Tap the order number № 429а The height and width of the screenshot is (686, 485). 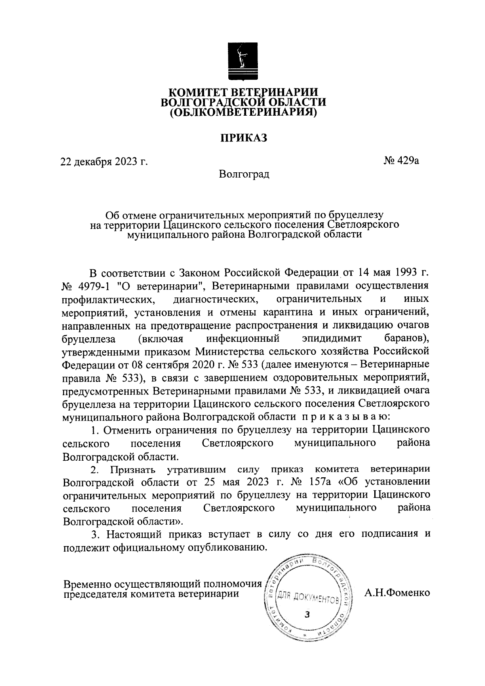pyautogui.click(x=401, y=161)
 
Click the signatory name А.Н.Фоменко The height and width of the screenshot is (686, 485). pyautogui.click(x=397, y=593)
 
